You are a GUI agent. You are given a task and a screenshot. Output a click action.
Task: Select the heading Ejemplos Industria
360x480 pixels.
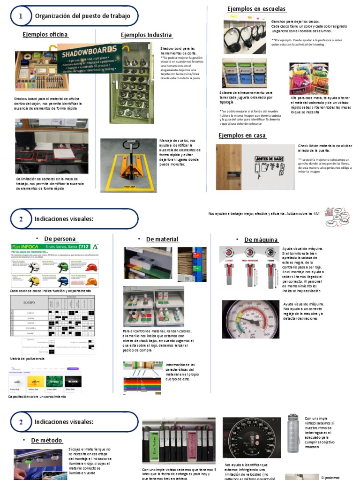(146, 35)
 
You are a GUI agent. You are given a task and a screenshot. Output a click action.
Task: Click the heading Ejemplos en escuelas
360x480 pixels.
(256, 9)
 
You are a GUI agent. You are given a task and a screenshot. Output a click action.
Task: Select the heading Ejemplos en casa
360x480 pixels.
(242, 135)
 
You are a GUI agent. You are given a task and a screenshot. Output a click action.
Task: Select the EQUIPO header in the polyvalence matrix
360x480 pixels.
(30, 303)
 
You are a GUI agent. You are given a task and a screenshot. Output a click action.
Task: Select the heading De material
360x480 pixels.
(162, 239)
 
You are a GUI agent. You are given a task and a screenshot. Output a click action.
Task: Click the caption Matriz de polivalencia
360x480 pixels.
(27, 358)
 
